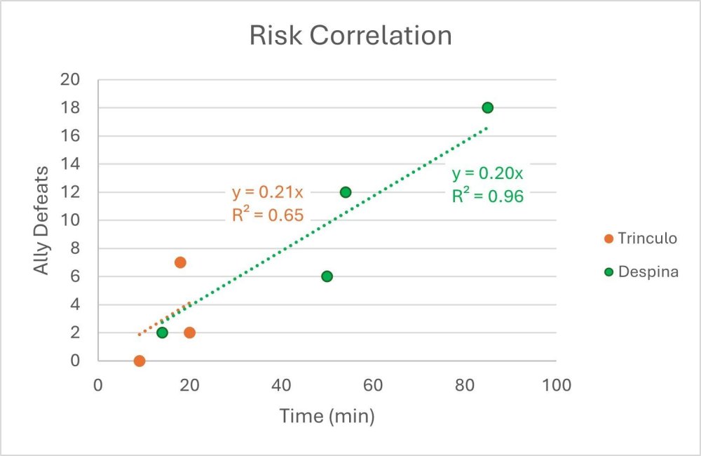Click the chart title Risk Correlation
click(x=350, y=36)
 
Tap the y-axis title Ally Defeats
click(x=42, y=220)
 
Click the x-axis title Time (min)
click(x=327, y=416)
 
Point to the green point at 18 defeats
click(x=487, y=107)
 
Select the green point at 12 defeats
click(x=345, y=192)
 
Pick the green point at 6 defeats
click(x=327, y=276)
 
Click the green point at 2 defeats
click(x=162, y=333)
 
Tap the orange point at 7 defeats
click(x=180, y=262)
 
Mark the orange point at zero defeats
click(x=139, y=361)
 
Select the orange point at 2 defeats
click(x=189, y=333)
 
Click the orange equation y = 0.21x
click(x=268, y=193)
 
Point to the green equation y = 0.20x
click(x=487, y=174)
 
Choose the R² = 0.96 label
click(x=487, y=196)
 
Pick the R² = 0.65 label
click(x=268, y=215)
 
